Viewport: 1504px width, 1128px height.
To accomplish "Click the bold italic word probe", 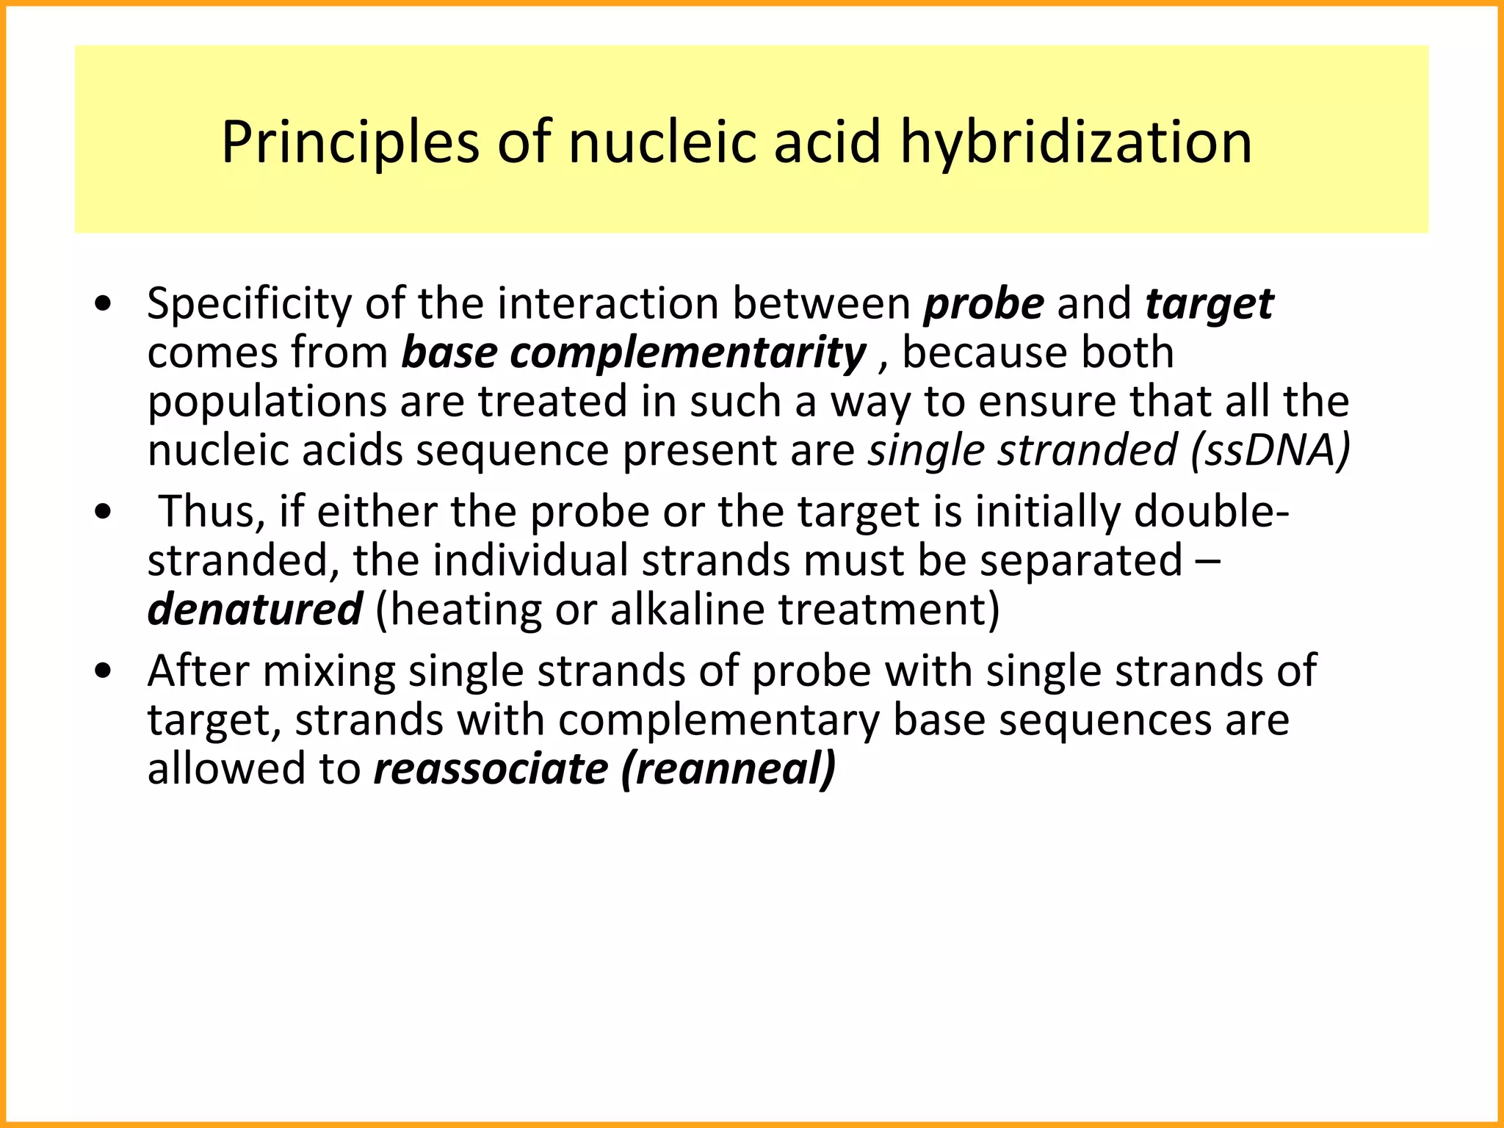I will [983, 305].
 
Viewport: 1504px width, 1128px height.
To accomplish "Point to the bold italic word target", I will [1209, 305].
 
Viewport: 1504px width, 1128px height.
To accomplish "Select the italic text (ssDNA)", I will [1270, 450].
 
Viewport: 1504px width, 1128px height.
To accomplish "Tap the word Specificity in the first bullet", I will [249, 305].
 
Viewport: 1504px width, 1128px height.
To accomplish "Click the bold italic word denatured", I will [254, 610].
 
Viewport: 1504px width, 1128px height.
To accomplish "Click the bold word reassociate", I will [491, 770].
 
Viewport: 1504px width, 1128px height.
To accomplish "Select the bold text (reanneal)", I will [728, 770].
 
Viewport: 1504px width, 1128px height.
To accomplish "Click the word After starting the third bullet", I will [198, 672].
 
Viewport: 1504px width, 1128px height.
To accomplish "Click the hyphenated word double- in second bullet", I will [1211, 512].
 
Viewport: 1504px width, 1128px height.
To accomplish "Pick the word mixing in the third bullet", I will [328, 672].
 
